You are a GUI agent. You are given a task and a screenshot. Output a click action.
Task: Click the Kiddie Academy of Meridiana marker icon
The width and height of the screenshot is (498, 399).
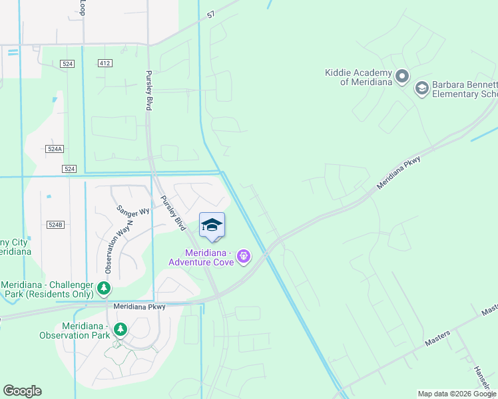(x=401, y=76)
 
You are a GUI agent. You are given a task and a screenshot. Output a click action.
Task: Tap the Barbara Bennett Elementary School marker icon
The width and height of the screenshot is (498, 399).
(x=421, y=88)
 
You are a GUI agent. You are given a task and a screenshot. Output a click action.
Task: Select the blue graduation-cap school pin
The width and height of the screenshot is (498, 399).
(x=212, y=225)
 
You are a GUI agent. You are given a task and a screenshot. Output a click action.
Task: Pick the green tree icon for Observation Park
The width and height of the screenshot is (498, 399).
(x=120, y=329)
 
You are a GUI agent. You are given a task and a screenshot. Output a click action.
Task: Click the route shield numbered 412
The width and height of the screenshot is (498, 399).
(x=104, y=63)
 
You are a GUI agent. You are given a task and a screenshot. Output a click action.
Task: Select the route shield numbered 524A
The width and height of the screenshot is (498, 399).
(x=55, y=150)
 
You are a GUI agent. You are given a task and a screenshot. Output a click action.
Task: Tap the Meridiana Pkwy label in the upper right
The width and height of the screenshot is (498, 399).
(x=400, y=169)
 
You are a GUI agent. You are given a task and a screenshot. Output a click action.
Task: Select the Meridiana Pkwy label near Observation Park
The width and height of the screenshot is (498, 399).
(x=139, y=307)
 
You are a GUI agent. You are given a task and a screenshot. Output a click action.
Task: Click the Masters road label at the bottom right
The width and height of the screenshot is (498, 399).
(x=438, y=336)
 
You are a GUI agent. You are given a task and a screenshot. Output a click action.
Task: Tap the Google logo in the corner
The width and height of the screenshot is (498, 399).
(x=22, y=391)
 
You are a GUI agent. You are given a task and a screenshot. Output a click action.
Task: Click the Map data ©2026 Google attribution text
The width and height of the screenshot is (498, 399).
(x=457, y=394)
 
